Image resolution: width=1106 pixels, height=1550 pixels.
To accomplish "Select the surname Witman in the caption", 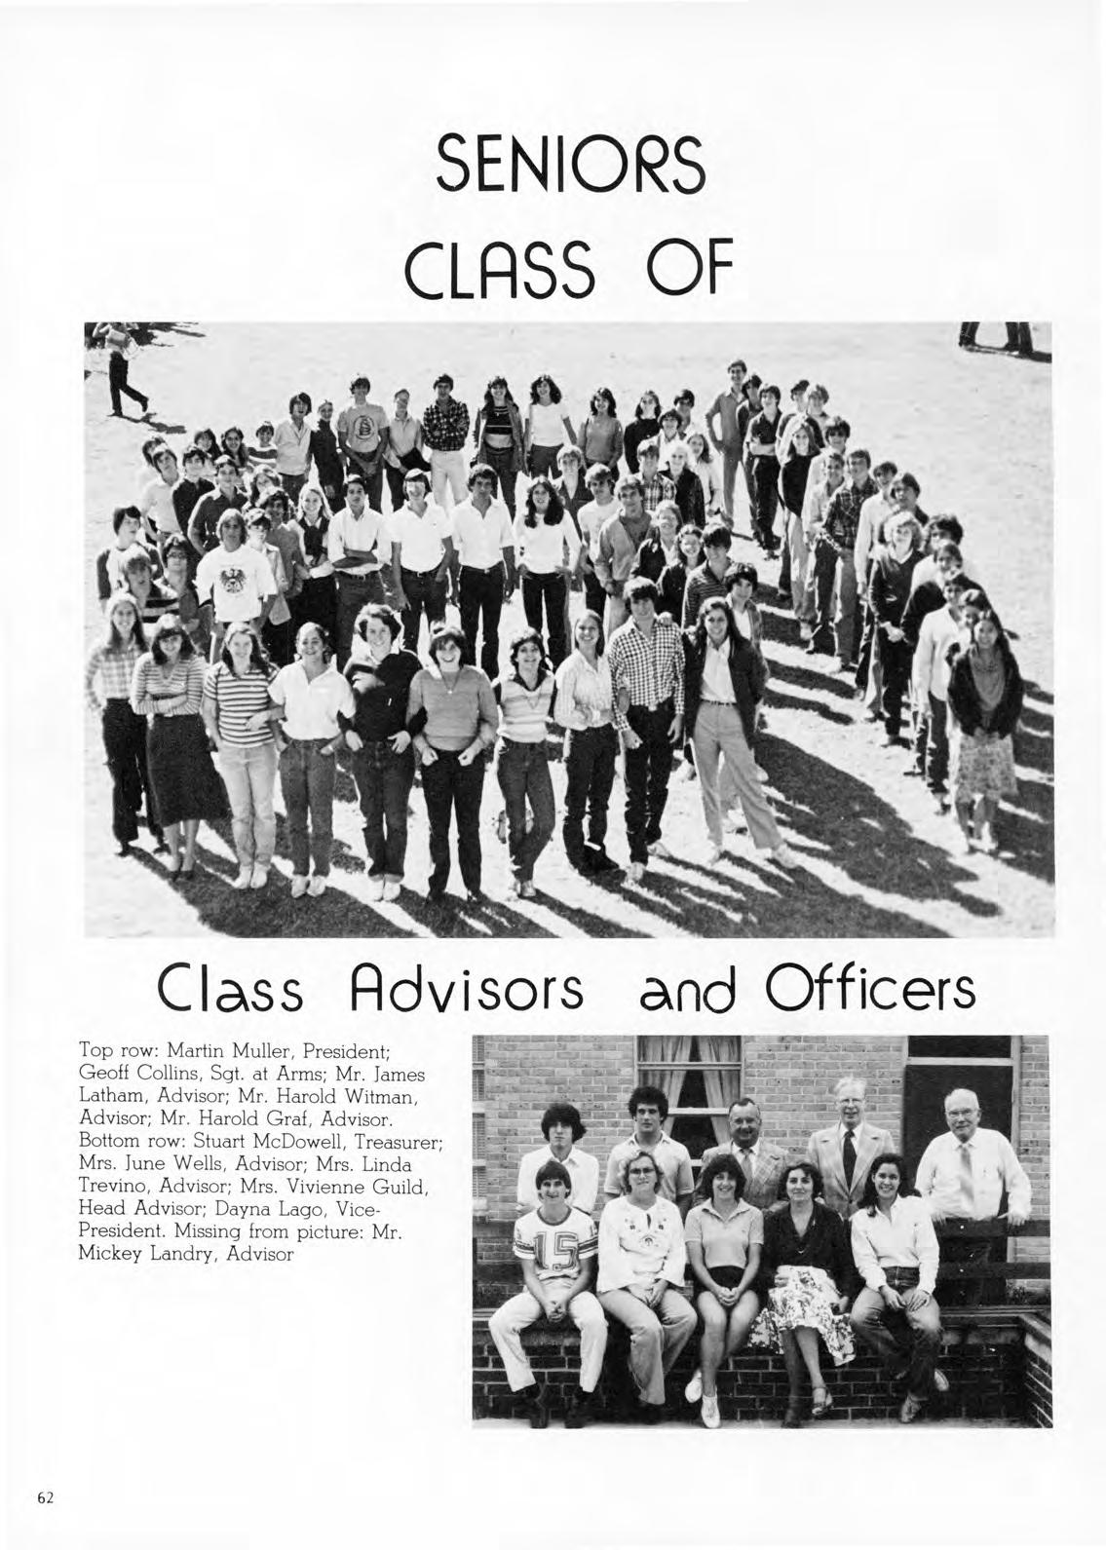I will point(384,1095).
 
